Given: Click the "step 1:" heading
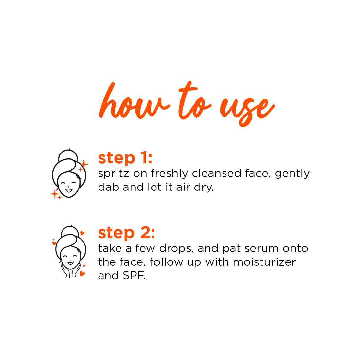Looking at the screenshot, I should coord(125,158).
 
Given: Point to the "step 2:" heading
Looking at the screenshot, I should coord(126,233).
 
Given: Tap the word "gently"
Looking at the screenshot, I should coord(292,174).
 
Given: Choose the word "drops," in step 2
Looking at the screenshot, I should coord(177,249).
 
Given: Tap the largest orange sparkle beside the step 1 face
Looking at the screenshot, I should coord(84,164).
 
